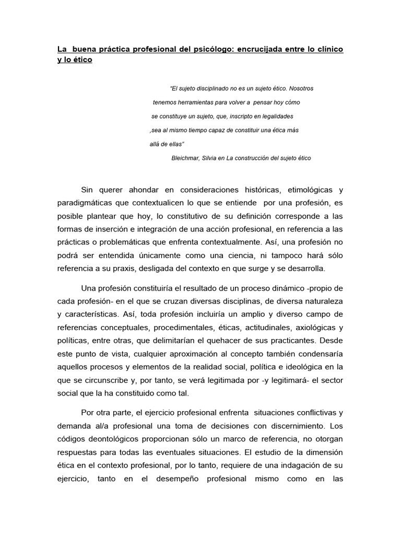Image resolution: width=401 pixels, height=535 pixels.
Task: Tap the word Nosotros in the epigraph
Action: [x=301, y=89]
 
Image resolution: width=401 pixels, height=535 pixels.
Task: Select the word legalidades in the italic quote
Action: [x=275, y=116]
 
